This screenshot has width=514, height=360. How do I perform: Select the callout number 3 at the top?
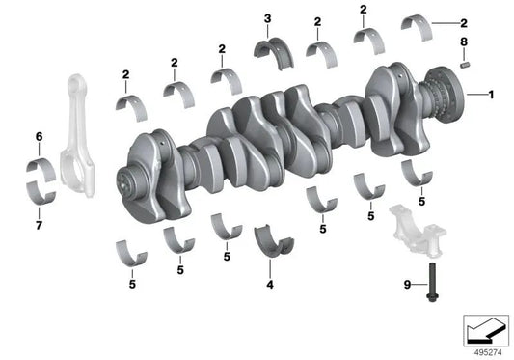(267, 18)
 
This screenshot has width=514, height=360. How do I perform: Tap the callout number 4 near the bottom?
(269, 286)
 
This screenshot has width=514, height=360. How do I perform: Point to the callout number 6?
(39, 137)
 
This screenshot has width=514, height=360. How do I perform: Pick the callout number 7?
(39, 226)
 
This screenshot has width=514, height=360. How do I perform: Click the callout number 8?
(463, 42)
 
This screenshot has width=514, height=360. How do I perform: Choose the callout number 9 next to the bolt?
(406, 284)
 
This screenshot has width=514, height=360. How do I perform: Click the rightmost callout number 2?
(463, 21)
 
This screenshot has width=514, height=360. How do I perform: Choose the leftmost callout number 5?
(132, 284)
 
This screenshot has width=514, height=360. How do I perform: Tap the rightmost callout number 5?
(421, 201)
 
